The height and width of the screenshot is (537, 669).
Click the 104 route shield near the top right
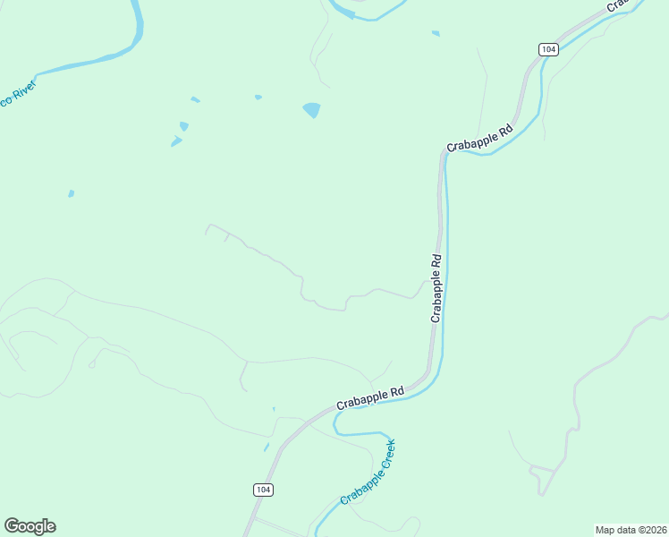pos(549,49)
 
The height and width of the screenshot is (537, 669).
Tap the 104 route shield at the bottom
pos(263,490)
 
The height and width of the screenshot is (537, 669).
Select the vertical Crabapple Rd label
pos(436,288)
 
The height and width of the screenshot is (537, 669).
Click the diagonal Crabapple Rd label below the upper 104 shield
pos(480,138)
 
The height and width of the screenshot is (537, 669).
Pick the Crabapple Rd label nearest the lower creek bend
pos(370,398)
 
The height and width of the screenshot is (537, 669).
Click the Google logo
pos(30,526)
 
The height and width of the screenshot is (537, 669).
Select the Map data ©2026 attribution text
pos(631,530)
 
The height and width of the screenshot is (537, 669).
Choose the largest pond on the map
pos(311,110)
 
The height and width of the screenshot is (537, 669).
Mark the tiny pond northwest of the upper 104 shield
pos(436,34)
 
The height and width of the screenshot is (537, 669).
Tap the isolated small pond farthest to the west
pos(71,193)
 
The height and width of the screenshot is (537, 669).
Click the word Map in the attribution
pos(605,530)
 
